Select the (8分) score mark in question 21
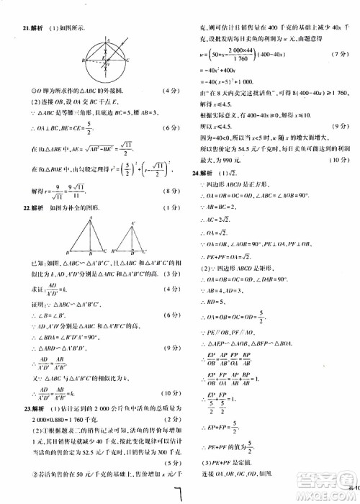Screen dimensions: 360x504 171,192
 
